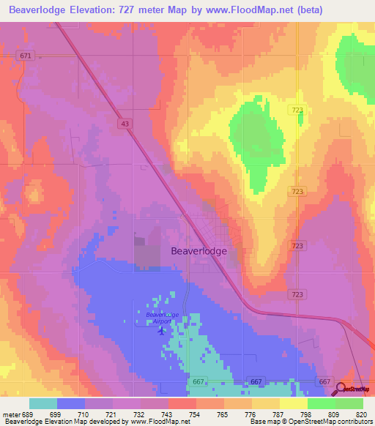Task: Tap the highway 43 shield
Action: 125,125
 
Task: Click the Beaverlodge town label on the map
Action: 198,250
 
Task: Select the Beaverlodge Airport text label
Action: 163,318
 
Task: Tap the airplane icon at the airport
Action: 161,330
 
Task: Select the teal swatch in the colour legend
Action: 43,403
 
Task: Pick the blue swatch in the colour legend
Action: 71,403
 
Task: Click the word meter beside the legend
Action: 12,414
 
